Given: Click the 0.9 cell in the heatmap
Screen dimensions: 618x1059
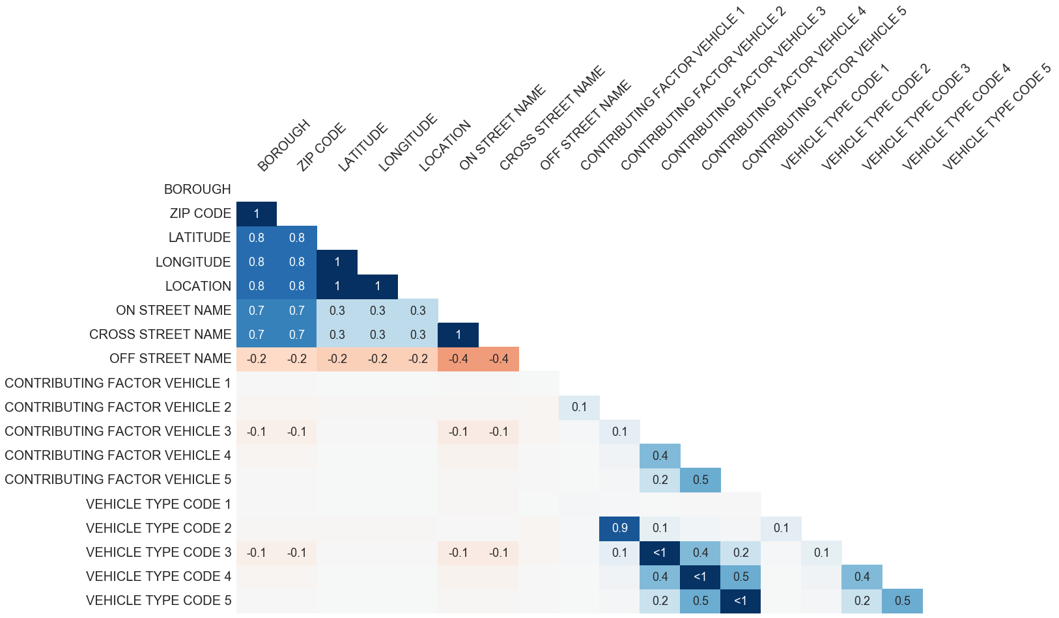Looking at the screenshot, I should click(619, 528).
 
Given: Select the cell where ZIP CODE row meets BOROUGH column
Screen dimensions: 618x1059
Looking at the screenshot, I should click(257, 214).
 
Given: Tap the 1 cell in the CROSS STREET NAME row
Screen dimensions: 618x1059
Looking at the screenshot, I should click(459, 335).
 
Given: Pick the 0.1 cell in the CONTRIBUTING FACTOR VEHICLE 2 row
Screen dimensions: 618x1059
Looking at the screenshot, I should click(579, 407).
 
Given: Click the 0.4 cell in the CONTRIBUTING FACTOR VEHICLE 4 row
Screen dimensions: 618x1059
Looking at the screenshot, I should click(660, 455).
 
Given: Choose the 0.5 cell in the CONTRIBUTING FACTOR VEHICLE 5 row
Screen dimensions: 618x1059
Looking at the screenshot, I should click(700, 480).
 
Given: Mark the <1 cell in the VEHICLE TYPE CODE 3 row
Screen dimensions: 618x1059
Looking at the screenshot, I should click(660, 552).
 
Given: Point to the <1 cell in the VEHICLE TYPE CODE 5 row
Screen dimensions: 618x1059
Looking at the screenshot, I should click(741, 600).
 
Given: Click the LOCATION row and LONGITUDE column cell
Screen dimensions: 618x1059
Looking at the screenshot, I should click(378, 286).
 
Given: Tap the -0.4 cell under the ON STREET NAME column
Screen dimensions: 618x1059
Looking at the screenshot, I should click(459, 359).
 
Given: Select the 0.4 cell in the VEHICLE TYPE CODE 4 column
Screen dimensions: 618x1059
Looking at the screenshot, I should click(862, 576).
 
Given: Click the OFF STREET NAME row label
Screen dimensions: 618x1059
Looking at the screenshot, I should click(170, 358).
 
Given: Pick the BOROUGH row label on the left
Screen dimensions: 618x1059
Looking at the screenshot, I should click(197, 189).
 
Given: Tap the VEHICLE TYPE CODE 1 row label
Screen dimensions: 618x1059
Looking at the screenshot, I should click(158, 504).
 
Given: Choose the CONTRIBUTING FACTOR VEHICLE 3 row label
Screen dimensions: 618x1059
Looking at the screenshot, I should click(118, 431).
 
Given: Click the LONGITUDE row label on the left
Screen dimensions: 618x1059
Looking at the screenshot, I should click(193, 262).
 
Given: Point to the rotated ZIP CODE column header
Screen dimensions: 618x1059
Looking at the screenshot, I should click(321, 147).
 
